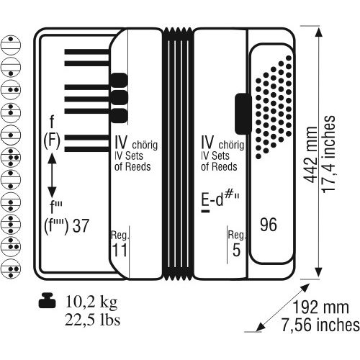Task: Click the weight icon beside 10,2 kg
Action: pyautogui.click(x=47, y=300)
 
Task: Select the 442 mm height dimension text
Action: pyautogui.click(x=310, y=154)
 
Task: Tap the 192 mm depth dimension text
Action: pyautogui.click(x=321, y=307)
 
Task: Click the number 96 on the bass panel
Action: pyautogui.click(x=269, y=225)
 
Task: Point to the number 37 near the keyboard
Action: pyautogui.click(x=81, y=225)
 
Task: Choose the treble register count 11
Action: pyautogui.click(x=120, y=250)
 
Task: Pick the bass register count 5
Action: pyautogui.click(x=236, y=250)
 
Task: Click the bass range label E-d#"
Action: pyautogui.click(x=220, y=201)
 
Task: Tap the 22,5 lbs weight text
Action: pyautogui.click(x=93, y=320)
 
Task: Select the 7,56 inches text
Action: pyautogui.click(x=320, y=325)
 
